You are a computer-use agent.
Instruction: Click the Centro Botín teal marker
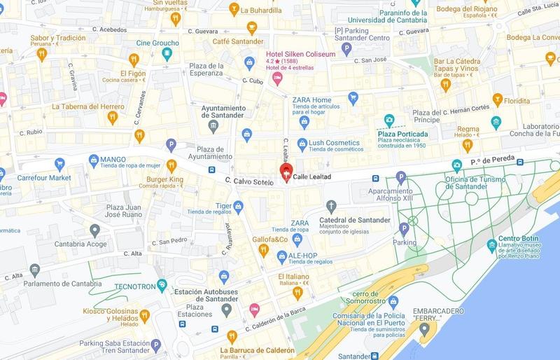tap(492, 246)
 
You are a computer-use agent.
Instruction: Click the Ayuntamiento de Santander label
tap(213, 112)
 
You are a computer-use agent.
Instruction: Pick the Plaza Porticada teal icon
tap(389, 120)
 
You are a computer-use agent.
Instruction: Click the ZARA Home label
tap(312, 99)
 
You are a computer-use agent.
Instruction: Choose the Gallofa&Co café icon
tap(262, 251)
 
